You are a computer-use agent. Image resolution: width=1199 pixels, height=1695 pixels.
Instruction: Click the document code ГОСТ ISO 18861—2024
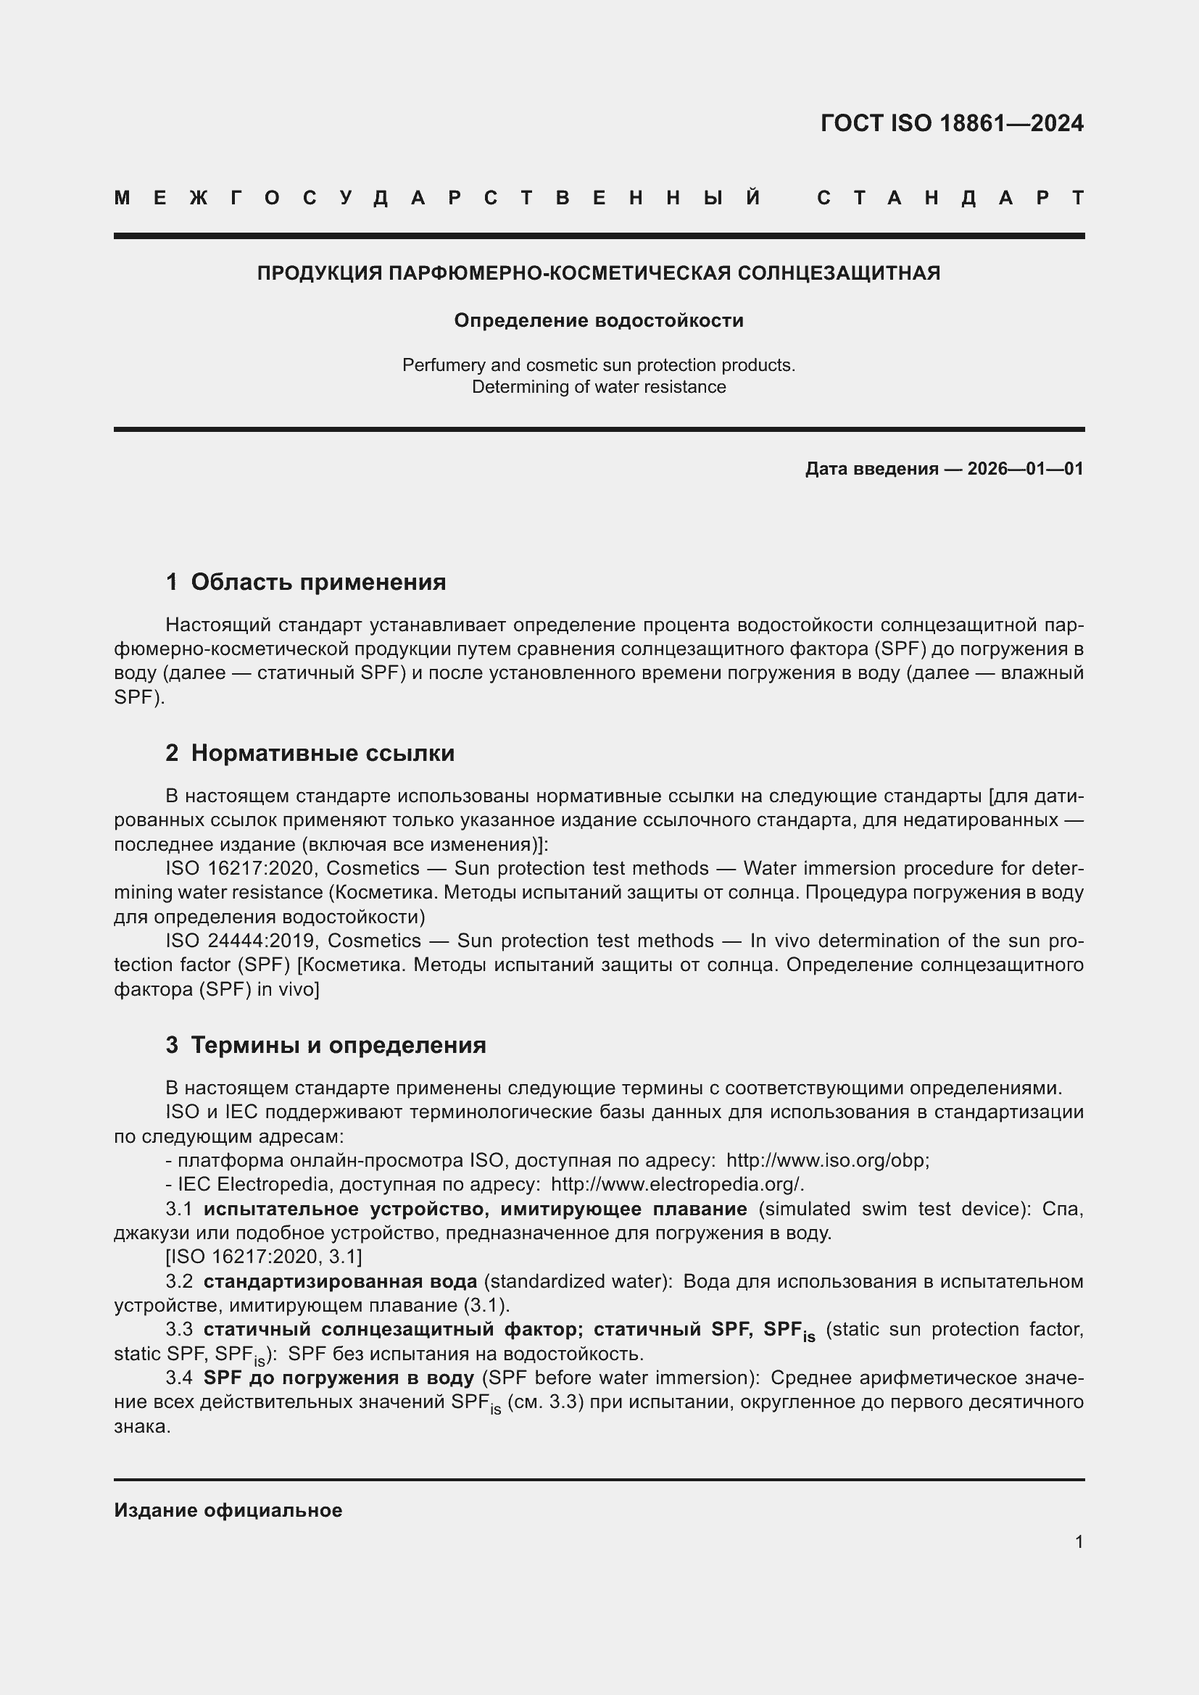951,122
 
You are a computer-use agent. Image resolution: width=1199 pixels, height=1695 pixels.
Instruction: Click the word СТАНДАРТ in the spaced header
950,198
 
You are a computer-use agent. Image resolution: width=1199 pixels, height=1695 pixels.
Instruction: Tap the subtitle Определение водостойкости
599,320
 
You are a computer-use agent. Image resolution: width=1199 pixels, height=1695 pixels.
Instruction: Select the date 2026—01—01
1025,469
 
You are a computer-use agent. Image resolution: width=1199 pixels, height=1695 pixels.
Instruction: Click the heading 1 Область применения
306,583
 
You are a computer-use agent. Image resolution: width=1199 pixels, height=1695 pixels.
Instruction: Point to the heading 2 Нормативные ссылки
310,753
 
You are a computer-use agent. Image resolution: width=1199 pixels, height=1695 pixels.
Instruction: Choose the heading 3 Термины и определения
325,1046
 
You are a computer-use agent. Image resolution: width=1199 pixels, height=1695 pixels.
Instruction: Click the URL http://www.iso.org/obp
826,1160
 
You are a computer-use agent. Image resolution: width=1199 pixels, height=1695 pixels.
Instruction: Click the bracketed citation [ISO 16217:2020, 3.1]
264,1257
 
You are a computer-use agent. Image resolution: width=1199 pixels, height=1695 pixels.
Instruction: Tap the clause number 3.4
179,1378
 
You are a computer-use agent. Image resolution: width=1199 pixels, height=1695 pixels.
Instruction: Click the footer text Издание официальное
228,1510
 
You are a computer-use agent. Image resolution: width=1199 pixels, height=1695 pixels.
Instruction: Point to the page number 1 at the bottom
1079,1542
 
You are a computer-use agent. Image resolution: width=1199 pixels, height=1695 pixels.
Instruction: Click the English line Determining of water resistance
599,387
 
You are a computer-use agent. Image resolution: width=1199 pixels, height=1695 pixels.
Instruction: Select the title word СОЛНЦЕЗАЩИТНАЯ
839,273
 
